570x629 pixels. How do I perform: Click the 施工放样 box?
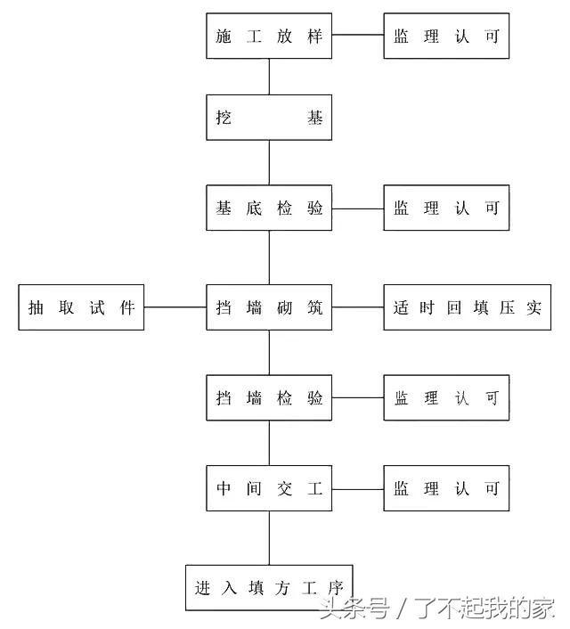[269, 36]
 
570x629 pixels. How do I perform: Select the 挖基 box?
[269, 118]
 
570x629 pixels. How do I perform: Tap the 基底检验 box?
[269, 208]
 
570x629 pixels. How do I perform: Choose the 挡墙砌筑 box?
[269, 307]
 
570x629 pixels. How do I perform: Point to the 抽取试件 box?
[81, 307]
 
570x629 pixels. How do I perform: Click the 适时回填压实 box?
[468, 307]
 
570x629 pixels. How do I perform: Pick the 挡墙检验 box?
[269, 397]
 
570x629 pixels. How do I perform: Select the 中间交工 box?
[269, 488]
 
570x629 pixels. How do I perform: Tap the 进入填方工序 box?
[269, 588]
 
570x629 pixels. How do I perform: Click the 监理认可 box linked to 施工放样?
[446, 36]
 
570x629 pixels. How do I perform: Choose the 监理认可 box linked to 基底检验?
[446, 208]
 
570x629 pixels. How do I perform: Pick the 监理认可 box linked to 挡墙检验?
[446, 397]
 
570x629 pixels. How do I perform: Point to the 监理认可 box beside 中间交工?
[446, 488]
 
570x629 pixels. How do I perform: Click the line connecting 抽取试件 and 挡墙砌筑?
[175, 307]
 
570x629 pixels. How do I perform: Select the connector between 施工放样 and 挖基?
[269, 77]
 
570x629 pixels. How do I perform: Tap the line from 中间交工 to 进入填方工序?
[269, 538]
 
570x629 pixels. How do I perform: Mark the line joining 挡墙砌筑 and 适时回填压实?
[358, 307]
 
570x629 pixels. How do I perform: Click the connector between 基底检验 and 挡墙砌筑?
[269, 257]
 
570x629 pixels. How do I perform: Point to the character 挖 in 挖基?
[224, 118]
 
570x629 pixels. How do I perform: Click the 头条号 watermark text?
[354, 609]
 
